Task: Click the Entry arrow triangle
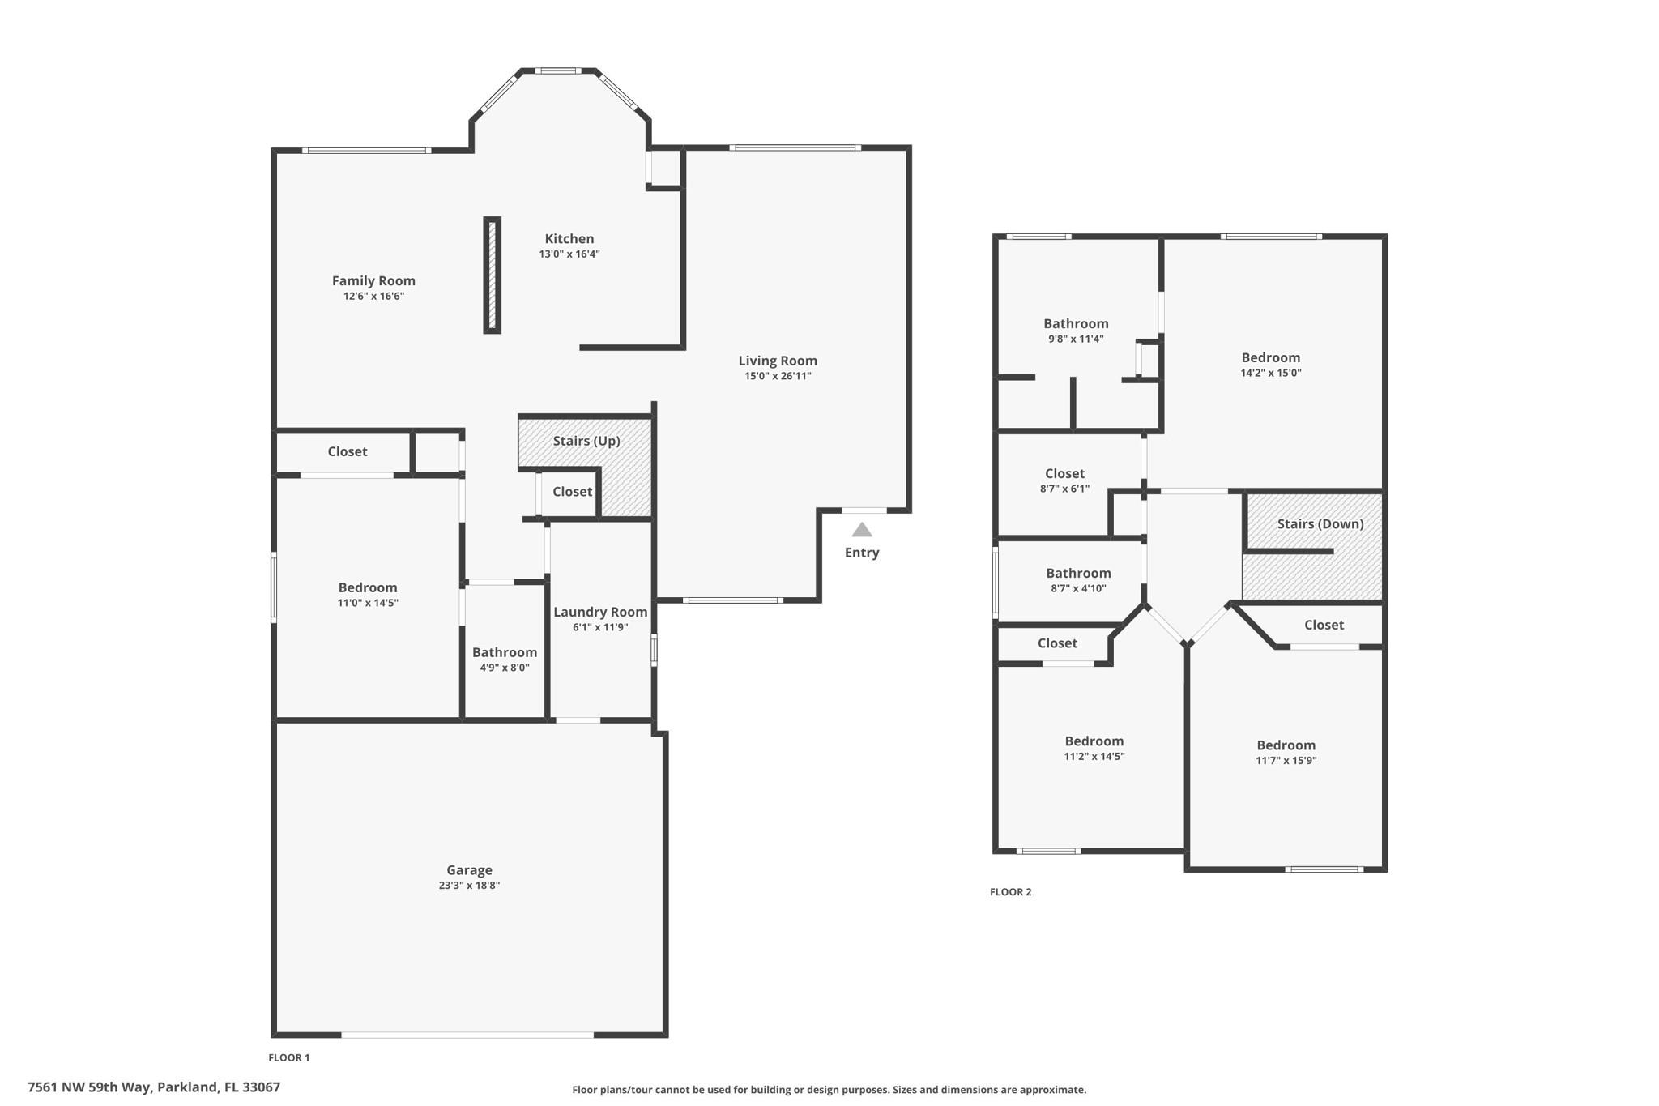click(862, 530)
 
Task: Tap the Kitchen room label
click(569, 239)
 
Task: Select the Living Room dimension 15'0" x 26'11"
click(778, 376)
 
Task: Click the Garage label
click(470, 870)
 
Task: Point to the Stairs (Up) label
click(586, 441)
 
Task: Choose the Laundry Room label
click(600, 613)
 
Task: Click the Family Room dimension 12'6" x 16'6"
click(373, 297)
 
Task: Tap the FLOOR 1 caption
click(289, 1057)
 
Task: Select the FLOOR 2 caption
click(1011, 892)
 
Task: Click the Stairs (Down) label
click(1320, 524)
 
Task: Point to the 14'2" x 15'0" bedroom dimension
click(1271, 374)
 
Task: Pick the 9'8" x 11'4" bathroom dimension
click(1076, 339)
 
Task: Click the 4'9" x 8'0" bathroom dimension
click(505, 668)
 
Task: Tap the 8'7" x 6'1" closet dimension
click(1064, 489)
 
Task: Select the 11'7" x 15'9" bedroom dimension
click(1286, 761)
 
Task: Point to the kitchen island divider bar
click(493, 275)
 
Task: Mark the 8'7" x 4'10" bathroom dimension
click(1078, 589)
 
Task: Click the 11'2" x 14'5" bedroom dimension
click(1094, 757)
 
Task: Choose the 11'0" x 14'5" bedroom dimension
click(368, 603)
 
